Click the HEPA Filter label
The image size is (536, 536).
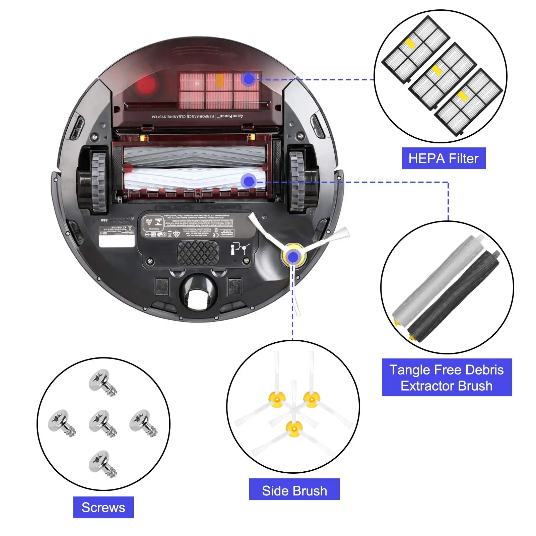(x=443, y=158)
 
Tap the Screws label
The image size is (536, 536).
(x=103, y=507)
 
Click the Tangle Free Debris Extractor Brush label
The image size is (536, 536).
(x=447, y=378)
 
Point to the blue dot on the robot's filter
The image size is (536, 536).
(x=249, y=79)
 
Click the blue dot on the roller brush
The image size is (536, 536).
(x=249, y=181)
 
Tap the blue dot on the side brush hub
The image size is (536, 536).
(x=293, y=257)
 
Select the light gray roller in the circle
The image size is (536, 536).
(x=439, y=278)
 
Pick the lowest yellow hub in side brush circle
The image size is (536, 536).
(x=294, y=429)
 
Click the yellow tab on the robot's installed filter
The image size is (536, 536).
(x=220, y=80)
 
